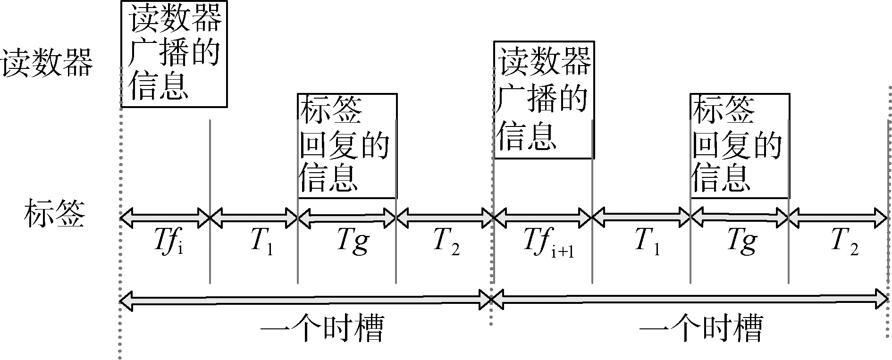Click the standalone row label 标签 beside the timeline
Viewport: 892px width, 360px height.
pos(54,215)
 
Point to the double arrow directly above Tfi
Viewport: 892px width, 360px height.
pos(165,218)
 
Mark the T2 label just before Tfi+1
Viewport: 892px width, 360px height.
pos(446,241)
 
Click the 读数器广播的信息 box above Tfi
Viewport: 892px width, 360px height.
pos(174,54)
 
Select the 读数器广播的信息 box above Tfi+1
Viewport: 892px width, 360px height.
pos(543,100)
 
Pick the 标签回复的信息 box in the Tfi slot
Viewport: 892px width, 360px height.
pos(347,146)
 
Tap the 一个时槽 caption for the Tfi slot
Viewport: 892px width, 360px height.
pos(321,328)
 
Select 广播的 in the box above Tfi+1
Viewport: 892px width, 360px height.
pos(543,99)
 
